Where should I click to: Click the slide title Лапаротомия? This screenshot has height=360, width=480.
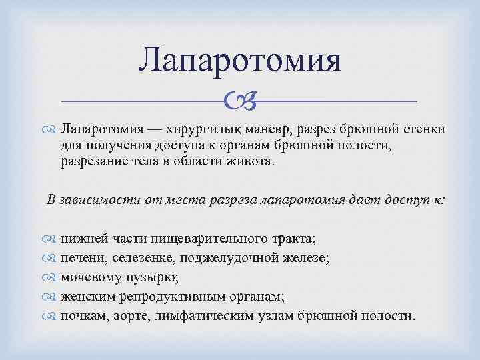(239, 59)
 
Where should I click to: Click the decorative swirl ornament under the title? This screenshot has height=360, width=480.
(239, 102)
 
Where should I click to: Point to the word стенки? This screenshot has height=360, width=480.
(406, 129)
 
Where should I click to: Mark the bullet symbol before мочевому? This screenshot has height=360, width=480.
(52, 276)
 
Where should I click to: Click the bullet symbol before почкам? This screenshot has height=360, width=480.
(52, 313)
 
